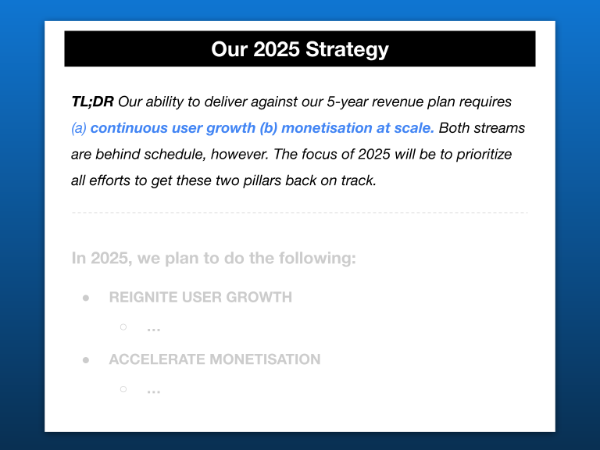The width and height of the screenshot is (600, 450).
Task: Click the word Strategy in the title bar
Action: [x=347, y=50]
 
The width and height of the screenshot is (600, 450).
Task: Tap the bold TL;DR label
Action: [x=93, y=102]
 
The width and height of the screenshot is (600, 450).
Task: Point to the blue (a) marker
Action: [x=79, y=128]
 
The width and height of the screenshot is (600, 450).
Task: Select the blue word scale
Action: [x=414, y=128]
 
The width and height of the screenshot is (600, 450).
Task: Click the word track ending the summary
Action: [x=359, y=180]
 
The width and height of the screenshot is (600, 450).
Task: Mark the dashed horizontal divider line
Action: [x=300, y=212]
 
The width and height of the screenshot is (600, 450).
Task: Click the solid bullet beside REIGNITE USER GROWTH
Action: [x=86, y=298]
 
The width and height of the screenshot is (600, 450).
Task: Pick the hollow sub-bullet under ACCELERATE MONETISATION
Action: [x=123, y=389]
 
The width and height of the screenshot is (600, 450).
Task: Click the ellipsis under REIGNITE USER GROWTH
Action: [x=153, y=329]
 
